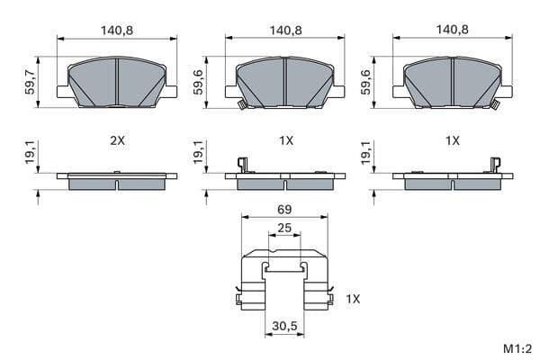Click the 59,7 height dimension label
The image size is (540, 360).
click(30, 82)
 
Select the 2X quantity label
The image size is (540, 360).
click(117, 140)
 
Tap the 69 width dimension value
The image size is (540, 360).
click(284, 209)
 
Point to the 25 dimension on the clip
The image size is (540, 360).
click(284, 228)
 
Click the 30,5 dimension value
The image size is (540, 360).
click(284, 326)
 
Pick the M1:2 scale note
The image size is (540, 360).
click(517, 348)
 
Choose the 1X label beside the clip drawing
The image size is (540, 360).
click(353, 299)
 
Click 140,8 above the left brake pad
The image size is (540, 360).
click(117, 31)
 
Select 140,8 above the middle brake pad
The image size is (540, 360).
click(285, 31)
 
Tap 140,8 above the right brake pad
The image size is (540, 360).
click(453, 30)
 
